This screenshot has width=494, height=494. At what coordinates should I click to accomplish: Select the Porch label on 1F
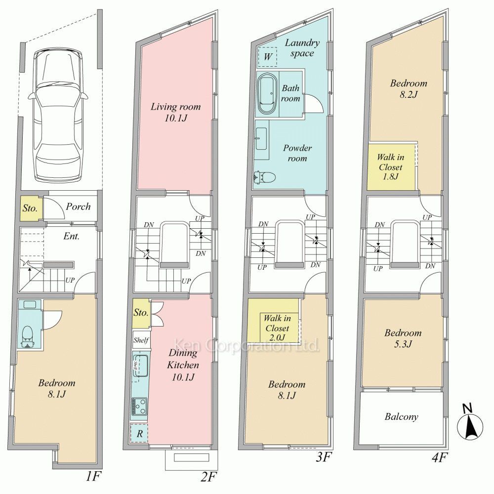coord(78,206)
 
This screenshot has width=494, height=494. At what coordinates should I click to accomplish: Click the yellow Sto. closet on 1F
coord(30,208)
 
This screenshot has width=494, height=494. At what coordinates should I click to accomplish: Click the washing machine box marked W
coord(267,57)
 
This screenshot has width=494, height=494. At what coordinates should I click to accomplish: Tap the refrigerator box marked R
coord(139,433)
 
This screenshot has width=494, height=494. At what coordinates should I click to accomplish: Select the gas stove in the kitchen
coord(139,407)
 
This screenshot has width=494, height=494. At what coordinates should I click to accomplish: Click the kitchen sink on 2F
coord(140,366)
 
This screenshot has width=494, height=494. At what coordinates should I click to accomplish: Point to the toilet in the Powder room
coord(264,177)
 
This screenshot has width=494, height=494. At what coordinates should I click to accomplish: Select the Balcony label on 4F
coord(401,417)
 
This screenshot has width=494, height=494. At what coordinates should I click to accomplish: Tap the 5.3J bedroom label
coord(403,338)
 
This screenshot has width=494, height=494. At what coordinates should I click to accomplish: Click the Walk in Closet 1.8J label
coord(391,166)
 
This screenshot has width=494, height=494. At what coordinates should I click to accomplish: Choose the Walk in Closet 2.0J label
coord(277,328)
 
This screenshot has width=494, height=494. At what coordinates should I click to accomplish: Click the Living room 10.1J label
coord(175,112)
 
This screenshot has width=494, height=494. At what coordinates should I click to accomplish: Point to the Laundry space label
coord(302,48)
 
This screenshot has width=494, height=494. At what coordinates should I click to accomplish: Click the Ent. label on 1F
coord(71,236)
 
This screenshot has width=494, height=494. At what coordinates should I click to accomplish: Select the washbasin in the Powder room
coord(261,139)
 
